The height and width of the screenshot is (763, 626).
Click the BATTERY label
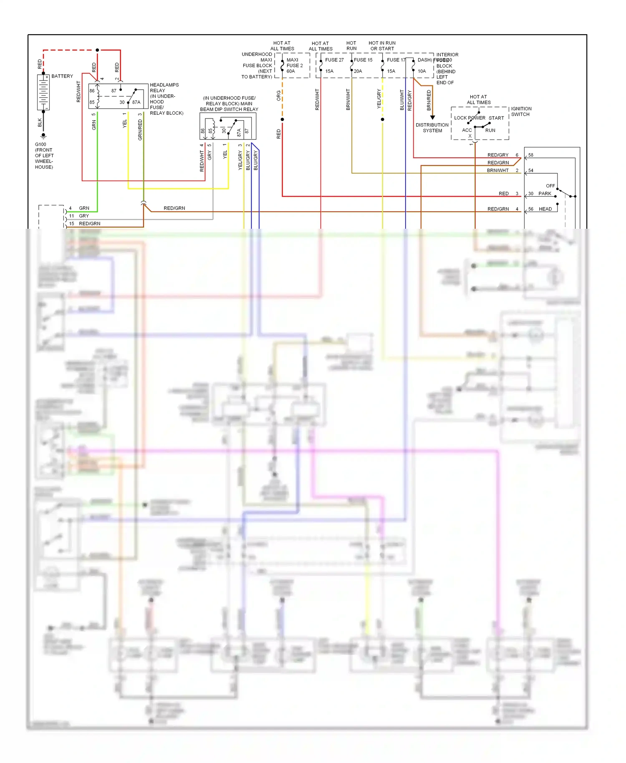62,76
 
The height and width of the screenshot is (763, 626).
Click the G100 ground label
40,144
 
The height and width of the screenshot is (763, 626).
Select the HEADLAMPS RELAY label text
164,88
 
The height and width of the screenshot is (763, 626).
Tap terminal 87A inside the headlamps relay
136,102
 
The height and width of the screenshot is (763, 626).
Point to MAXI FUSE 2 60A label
294,66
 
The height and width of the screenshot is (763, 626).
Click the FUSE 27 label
334,60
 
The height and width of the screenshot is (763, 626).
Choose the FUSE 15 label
363,60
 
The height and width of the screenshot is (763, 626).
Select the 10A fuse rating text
422,71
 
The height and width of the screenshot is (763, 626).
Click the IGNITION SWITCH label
521,111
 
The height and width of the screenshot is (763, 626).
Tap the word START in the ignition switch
496,118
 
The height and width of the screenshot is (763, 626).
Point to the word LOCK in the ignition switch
460,118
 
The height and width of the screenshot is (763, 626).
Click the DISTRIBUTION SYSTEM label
432,128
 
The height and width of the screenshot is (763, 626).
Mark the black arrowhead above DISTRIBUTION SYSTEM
432,118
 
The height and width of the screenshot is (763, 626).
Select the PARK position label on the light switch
545,194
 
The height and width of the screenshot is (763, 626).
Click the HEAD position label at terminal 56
545,209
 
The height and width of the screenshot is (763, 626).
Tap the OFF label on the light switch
550,186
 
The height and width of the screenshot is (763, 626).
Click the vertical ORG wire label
278,96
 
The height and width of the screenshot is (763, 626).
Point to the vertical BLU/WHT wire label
402,100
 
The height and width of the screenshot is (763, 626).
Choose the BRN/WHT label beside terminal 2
497,170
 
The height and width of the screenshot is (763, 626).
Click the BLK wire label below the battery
40,122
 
